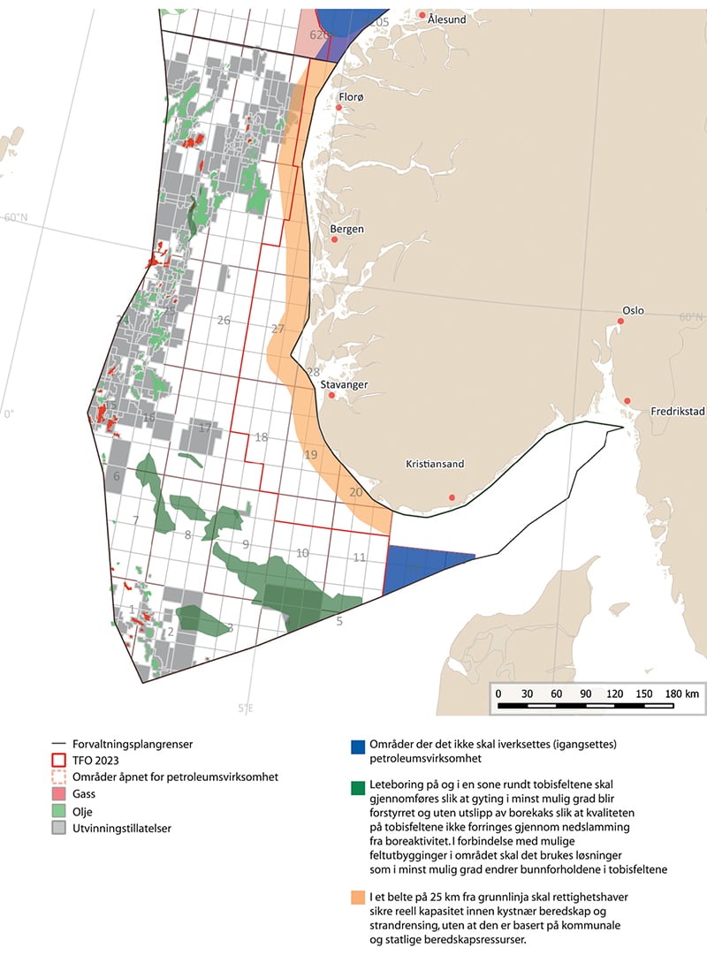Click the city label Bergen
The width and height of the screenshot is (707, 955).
tap(346, 230)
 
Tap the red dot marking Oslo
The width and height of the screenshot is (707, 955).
tap(620, 322)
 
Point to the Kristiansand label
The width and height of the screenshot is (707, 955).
tap(435, 464)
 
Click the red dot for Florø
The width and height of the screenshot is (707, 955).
tap(338, 108)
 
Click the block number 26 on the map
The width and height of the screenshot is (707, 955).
tap(224, 320)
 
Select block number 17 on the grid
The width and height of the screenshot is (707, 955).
tap(205, 428)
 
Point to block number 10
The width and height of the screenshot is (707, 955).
tap(302, 553)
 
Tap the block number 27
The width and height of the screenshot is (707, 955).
tap(278, 330)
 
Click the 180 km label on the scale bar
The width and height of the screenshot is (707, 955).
tap(683, 694)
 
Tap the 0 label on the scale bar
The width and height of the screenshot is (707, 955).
tap(498, 694)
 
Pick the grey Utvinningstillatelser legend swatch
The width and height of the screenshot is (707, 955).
tap(59, 828)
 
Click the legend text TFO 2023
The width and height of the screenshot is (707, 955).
tap(100, 761)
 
